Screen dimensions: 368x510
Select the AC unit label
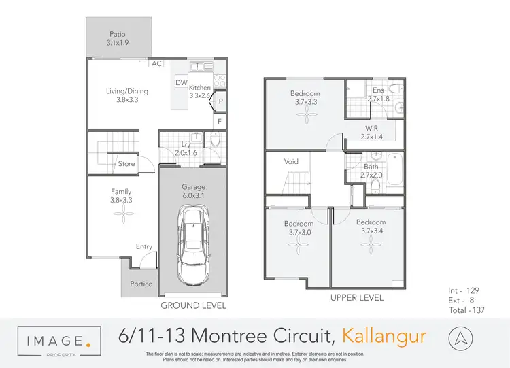156,63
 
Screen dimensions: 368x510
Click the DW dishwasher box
181,83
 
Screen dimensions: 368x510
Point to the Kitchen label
200,88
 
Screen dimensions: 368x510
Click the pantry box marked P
221,102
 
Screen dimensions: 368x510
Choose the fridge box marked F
220,122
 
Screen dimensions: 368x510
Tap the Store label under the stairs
126,164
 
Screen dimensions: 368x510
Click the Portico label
141,284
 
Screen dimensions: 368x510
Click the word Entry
143,246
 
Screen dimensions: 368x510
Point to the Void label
291,162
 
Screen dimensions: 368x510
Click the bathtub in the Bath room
394,166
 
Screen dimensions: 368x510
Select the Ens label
378,90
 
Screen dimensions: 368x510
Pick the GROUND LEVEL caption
193,305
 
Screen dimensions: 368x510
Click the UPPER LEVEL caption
356,297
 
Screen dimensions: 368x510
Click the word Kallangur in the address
384,335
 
